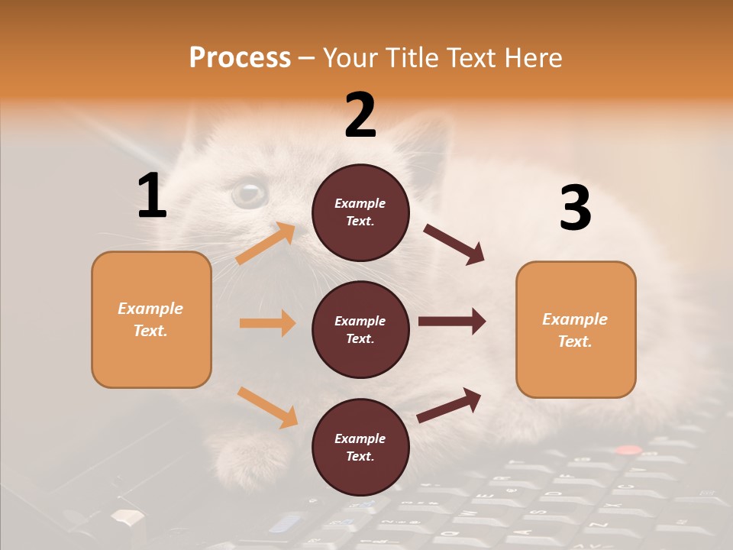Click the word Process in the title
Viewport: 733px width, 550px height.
pyautogui.click(x=240, y=57)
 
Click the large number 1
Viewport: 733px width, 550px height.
pyautogui.click(x=152, y=196)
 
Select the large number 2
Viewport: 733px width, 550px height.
pyautogui.click(x=360, y=115)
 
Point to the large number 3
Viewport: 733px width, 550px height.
pyautogui.click(x=575, y=209)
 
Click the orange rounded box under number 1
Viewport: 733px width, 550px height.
pyautogui.click(x=151, y=319)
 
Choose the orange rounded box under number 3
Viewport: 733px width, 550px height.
pyautogui.click(x=576, y=330)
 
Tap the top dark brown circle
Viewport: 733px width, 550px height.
pyautogui.click(x=360, y=212)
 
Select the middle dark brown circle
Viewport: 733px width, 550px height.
pyautogui.click(x=360, y=329)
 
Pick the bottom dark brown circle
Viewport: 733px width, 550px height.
pyautogui.click(x=360, y=447)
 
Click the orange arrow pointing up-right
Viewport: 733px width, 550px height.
pyautogui.click(x=266, y=243)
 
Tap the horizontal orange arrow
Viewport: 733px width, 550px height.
pyautogui.click(x=267, y=323)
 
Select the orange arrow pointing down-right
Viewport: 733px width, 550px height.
pyautogui.click(x=268, y=407)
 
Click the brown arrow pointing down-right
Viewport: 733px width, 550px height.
pyautogui.click(x=454, y=244)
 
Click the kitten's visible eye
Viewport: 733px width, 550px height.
pyautogui.click(x=249, y=192)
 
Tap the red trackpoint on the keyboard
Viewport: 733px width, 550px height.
pyautogui.click(x=628, y=450)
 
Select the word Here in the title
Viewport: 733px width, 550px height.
pyautogui.click(x=531, y=57)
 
